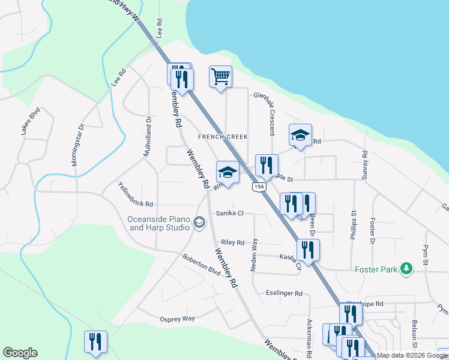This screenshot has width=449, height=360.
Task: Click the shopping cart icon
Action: pos(220,76)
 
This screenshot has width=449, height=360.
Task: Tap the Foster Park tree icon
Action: pos(407,269)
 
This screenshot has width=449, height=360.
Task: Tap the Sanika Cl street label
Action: pos(229,213)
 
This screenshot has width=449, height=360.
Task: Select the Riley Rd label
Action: pos(232,242)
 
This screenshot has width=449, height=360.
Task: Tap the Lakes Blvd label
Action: pos(31,121)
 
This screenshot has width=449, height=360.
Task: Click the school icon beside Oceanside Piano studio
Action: pos(199,224)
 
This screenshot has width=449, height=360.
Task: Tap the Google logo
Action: pos(20,353)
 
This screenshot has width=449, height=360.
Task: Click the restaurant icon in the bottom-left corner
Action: pos(95,342)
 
